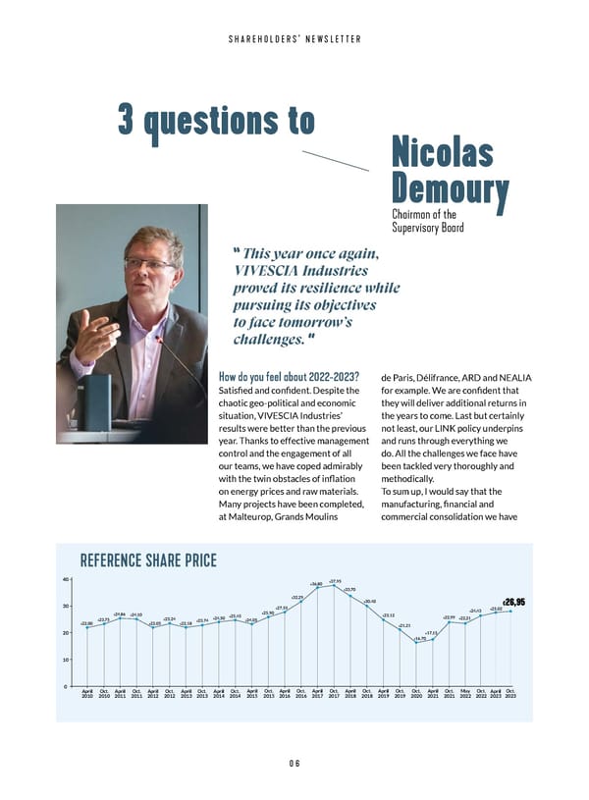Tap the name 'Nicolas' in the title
pyautogui.click(x=442, y=152)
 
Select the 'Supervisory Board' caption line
pyautogui.click(x=428, y=228)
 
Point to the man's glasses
pyautogui.click(x=149, y=263)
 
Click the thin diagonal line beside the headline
pyautogui.click(x=334, y=161)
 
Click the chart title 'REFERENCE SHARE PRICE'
pyautogui.click(x=148, y=561)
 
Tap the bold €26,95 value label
pyautogui.click(x=514, y=603)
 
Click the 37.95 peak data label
pyautogui.click(x=335, y=581)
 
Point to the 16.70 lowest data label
pyautogui.click(x=419, y=638)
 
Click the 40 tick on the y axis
pyautogui.click(x=65, y=578)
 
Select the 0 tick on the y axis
pyautogui.click(x=66, y=685)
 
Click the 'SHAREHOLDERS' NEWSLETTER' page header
pyautogui.click(x=294, y=39)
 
